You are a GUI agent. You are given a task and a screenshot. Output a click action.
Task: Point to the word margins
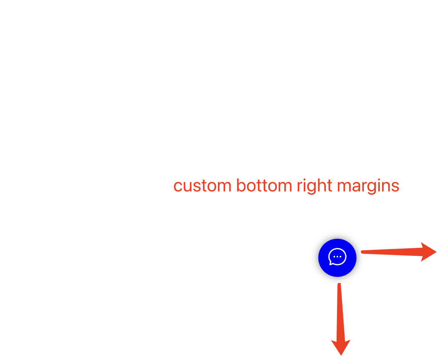[368, 186]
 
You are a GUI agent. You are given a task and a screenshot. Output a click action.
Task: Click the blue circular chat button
[337, 258]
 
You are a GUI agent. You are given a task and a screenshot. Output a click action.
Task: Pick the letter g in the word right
[309, 188]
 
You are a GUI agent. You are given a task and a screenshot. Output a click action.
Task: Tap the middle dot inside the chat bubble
[337, 257]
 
